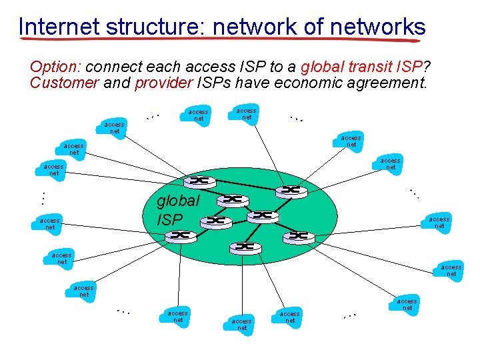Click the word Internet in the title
click(59, 27)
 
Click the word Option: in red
click(56, 68)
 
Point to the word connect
click(112, 68)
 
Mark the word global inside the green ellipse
click(177, 201)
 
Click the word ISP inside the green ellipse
click(169, 219)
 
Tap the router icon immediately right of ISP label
click(218, 221)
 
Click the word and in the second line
click(117, 83)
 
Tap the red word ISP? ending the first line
click(409, 68)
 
